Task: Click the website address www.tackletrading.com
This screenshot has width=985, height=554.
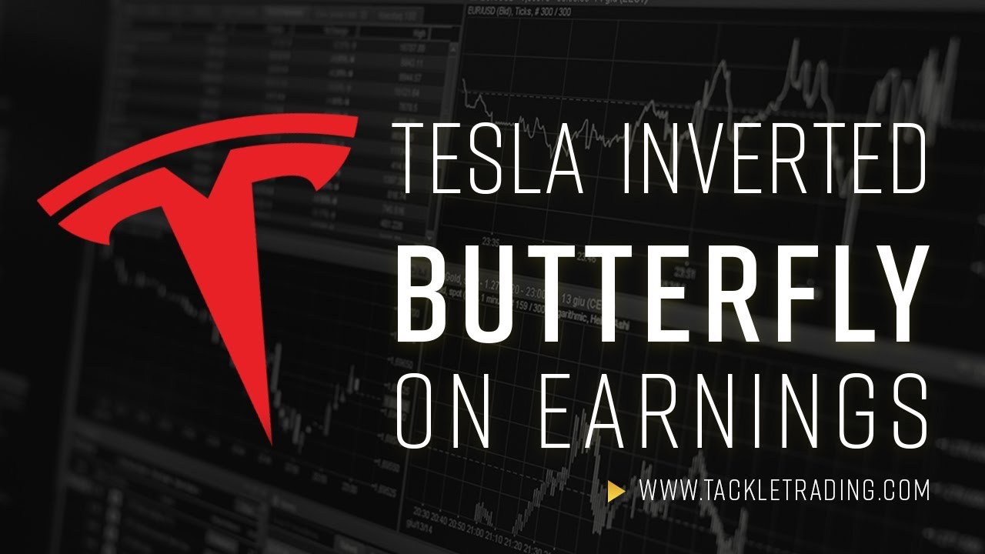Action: (784, 490)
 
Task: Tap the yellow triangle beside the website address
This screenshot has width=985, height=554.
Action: (615, 491)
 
